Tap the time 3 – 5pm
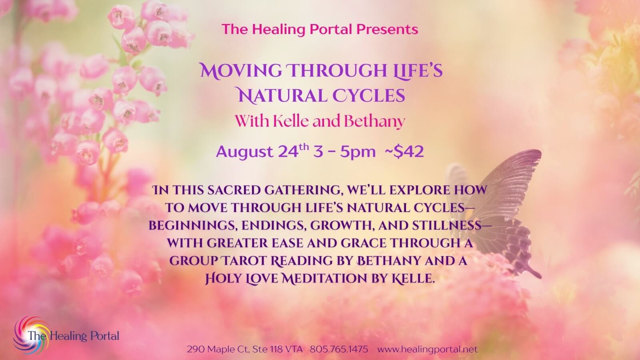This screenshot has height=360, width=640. pos(344,152)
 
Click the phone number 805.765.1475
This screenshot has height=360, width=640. pos(339,349)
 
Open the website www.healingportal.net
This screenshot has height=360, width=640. pos(428,349)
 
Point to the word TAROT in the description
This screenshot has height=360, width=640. pos(244,260)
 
